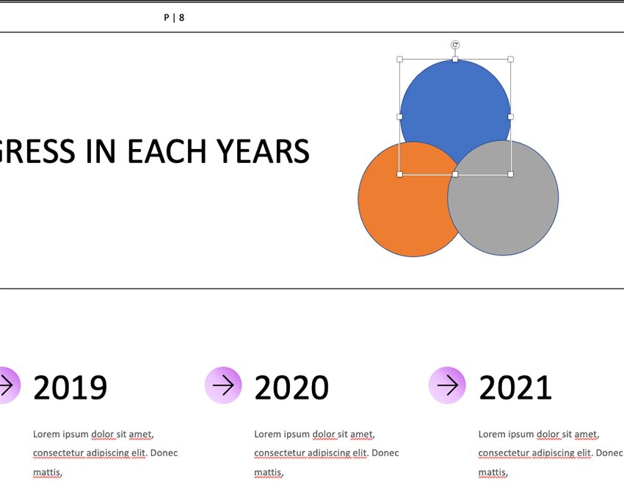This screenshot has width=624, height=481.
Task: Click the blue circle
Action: click(455, 104)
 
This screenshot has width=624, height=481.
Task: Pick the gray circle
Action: click(503, 198)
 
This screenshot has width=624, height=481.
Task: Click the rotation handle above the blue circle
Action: click(455, 45)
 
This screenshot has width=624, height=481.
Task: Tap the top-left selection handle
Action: click(399, 59)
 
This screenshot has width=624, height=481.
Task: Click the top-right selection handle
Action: click(511, 59)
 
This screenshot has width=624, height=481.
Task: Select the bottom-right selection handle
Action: click(511, 174)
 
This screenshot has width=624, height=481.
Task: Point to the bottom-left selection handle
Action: click(399, 174)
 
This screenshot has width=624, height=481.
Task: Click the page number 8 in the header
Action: click(181, 18)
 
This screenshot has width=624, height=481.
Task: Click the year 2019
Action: click(70, 387)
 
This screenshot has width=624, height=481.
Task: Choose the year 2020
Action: click(291, 387)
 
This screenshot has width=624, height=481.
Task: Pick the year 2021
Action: click(515, 387)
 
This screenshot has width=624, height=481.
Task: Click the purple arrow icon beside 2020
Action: click(223, 385)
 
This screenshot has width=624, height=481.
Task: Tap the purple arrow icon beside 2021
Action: click(447, 385)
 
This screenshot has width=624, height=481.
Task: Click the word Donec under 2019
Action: click(164, 453)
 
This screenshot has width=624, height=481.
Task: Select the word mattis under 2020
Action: click(269, 472)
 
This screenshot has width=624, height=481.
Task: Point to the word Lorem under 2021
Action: click(490, 434)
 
